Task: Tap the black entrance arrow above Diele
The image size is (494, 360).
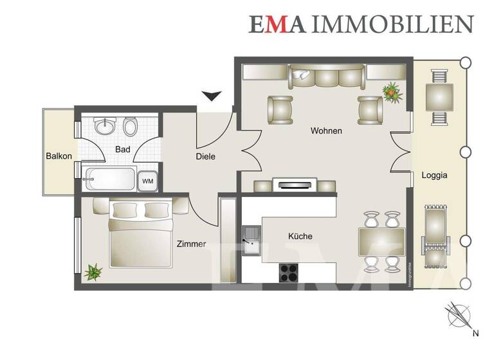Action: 211,96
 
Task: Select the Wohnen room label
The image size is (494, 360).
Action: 326,130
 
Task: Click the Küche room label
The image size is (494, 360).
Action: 300,236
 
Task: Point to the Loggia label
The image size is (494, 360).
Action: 434,174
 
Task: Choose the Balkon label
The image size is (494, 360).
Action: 59,156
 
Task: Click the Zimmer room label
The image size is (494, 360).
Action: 191,244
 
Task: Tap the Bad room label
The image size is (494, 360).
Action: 122,149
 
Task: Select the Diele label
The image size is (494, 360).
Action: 206,156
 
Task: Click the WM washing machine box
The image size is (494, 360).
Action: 148,181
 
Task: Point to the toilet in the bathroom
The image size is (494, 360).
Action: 130,127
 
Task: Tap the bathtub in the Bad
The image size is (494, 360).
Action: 109,178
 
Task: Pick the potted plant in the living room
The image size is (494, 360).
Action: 391,92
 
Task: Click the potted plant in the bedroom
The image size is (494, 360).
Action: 93,272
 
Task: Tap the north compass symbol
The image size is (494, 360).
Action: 458,315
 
